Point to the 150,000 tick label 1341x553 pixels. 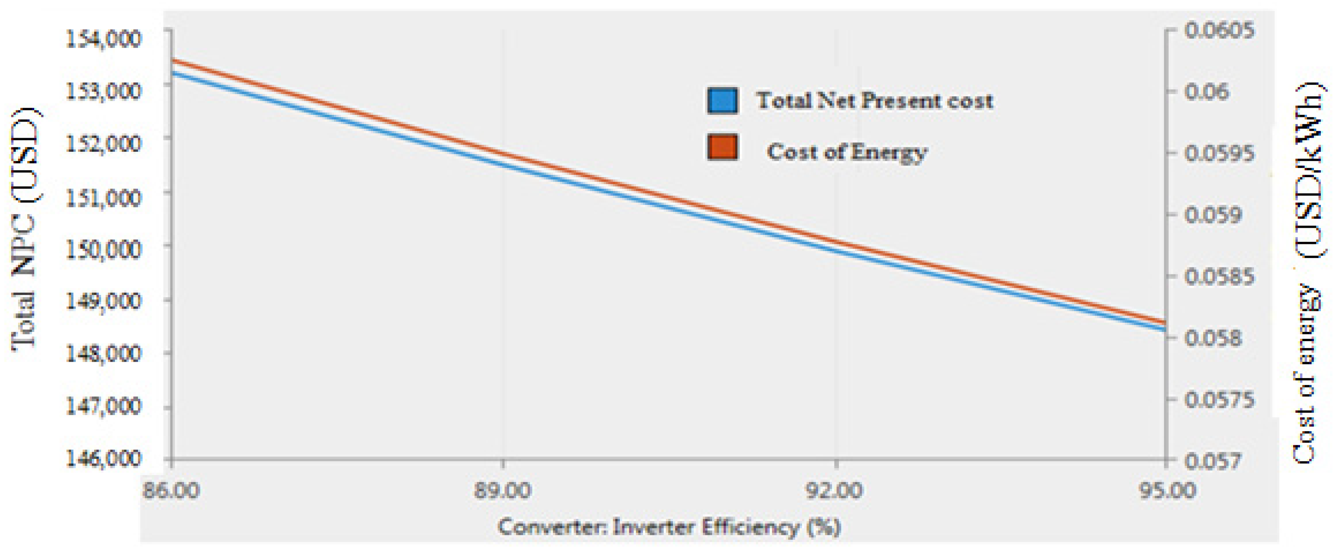pyautogui.click(x=103, y=249)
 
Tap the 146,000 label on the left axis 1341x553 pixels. pyautogui.click(x=103, y=458)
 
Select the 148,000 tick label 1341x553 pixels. pyautogui.click(x=103, y=354)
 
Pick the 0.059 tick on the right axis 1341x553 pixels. pyautogui.click(x=1213, y=214)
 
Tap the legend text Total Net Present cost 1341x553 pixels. pyautogui.click(x=875, y=100)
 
